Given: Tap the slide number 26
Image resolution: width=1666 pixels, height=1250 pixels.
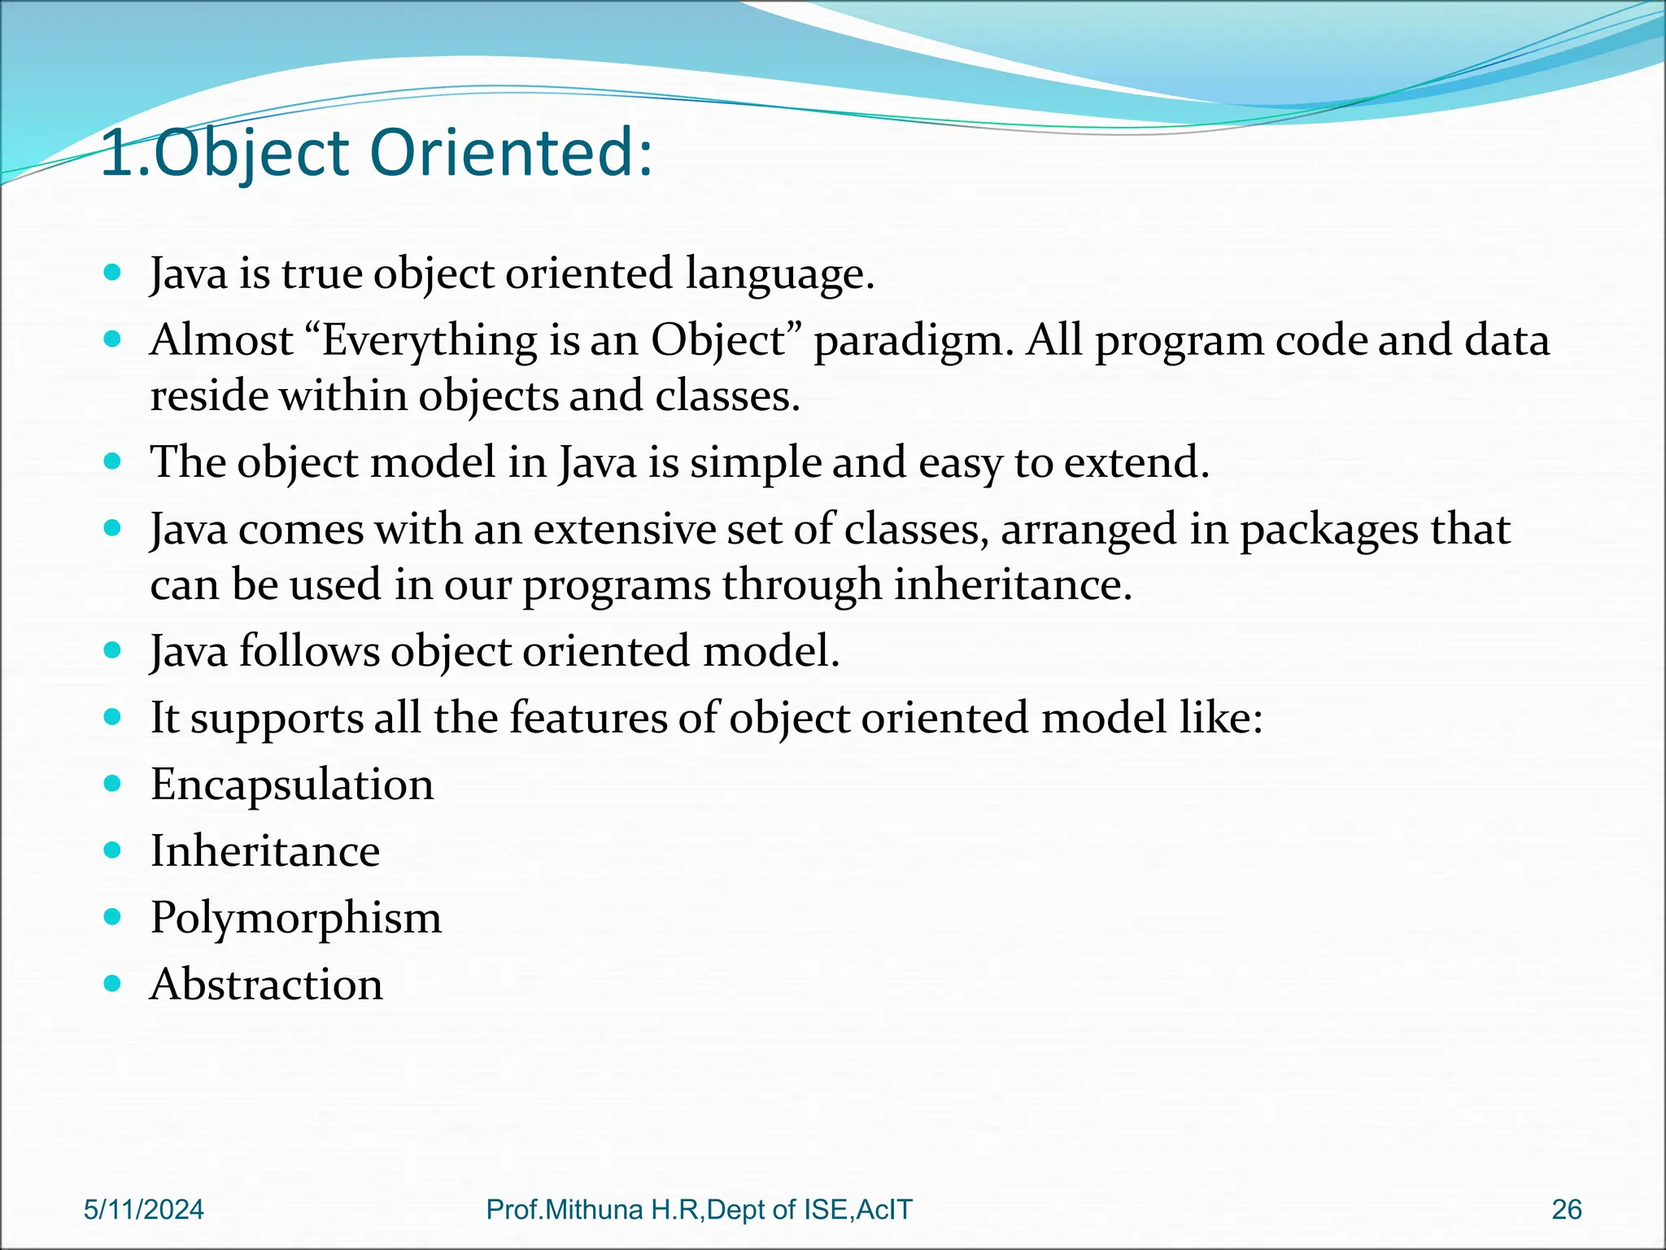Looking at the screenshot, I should point(1566,1209).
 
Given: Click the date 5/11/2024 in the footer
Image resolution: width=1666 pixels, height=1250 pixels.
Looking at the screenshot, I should point(144,1209).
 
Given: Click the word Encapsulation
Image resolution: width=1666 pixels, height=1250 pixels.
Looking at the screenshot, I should point(292,785).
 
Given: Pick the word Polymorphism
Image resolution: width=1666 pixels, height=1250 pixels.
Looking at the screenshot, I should point(296,918).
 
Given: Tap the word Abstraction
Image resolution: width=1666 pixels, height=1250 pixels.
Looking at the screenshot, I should point(267,985).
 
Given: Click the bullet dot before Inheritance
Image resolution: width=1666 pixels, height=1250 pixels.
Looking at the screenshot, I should point(113,850).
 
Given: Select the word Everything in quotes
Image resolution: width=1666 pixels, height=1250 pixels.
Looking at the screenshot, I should point(430,340).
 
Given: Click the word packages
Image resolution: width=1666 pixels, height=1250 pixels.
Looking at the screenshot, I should point(1329,531).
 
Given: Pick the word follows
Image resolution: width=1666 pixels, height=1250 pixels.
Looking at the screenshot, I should point(309,651).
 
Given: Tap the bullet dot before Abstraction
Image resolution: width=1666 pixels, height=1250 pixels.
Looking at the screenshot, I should point(113,984).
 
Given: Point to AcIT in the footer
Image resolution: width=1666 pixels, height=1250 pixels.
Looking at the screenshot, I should point(885,1209).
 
